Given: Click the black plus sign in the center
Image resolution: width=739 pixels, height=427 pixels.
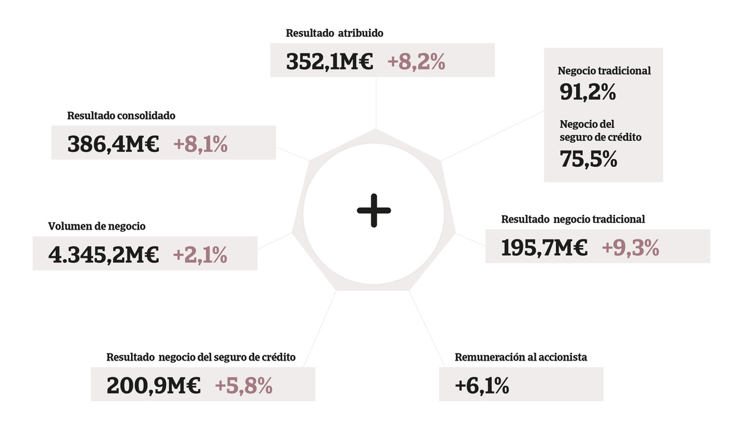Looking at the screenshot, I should (x=374, y=210).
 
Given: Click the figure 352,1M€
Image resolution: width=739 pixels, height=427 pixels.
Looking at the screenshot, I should (x=330, y=62).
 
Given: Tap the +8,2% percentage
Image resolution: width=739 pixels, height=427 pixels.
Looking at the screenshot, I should (x=416, y=62).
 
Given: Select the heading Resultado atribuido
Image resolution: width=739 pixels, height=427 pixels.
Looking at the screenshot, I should (x=334, y=33).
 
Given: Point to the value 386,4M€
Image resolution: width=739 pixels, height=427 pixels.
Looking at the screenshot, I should (x=113, y=144).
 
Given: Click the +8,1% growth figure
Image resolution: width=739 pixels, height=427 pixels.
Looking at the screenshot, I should (x=200, y=144).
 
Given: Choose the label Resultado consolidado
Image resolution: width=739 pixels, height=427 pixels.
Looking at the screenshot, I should (x=121, y=116).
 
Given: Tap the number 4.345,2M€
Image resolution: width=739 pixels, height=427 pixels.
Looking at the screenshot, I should (x=103, y=254).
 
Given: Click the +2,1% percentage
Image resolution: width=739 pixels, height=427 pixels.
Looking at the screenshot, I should (x=200, y=254).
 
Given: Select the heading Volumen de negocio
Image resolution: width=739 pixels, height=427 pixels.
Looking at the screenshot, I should (x=97, y=227).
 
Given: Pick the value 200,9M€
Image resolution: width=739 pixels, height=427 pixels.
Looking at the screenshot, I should (x=154, y=386).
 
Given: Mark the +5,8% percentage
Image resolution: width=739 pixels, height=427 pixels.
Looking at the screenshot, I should (x=243, y=386).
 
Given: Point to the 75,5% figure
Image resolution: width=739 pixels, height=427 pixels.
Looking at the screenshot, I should (x=588, y=159).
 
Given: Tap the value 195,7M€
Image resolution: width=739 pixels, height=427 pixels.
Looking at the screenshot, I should (x=544, y=248).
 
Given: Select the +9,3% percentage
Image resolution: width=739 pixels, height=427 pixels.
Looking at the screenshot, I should (x=630, y=248).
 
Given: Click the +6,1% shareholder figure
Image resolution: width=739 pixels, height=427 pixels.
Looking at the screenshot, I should (x=482, y=385).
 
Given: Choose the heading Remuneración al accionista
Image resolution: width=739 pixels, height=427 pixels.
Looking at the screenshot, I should (x=521, y=357).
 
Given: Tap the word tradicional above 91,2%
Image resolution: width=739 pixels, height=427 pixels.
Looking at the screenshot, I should (x=625, y=71).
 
